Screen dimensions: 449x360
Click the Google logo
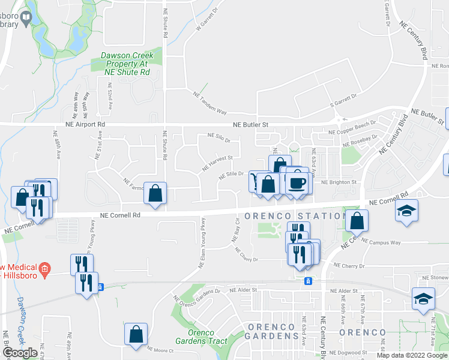20,353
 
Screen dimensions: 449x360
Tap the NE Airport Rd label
85,124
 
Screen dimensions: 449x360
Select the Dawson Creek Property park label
127,64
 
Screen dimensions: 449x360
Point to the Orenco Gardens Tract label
207,337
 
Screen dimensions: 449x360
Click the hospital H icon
43,270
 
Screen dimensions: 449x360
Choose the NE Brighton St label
339,182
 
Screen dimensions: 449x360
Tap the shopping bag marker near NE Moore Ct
136,333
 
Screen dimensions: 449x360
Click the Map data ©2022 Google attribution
412,355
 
